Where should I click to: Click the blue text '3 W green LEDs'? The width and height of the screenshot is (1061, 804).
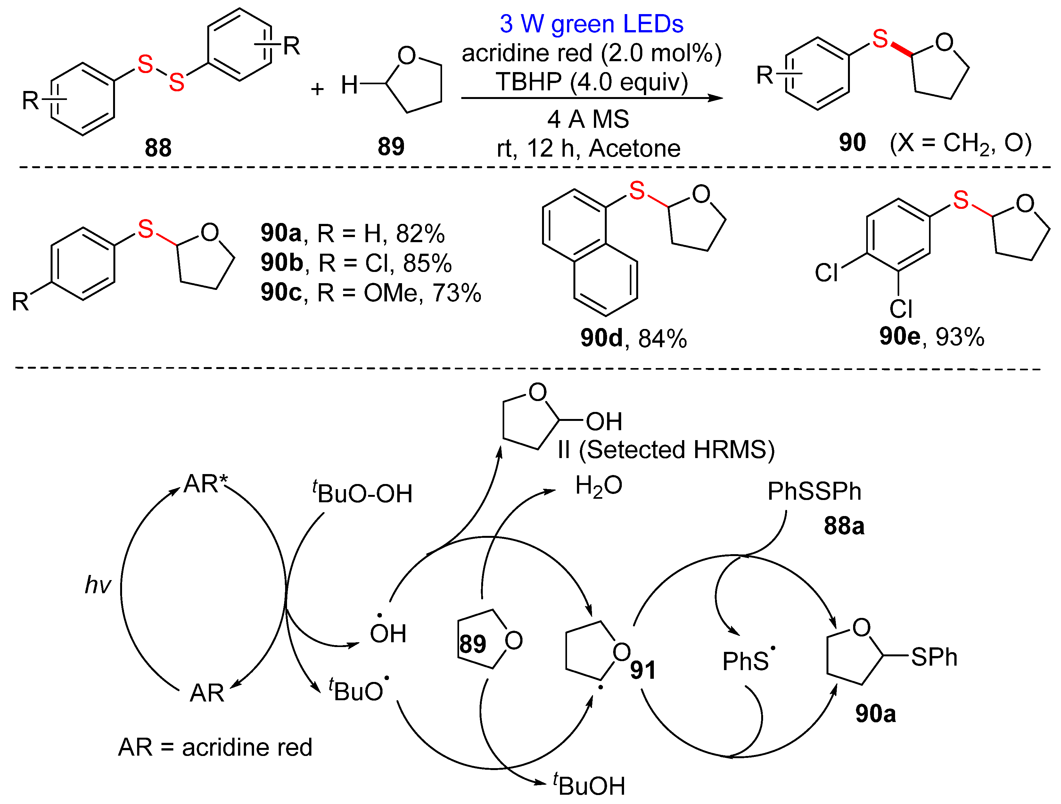591,24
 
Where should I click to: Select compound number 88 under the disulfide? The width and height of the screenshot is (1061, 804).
158,148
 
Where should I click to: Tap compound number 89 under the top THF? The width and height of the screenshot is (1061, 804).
391,146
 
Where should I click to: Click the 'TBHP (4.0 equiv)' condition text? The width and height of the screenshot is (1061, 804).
591,82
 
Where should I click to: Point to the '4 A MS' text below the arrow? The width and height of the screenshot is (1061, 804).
588,119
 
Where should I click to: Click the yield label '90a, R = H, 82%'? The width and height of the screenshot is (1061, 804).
353,234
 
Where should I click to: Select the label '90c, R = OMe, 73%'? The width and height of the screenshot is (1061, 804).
371,293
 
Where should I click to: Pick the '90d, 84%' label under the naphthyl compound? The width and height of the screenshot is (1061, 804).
633,338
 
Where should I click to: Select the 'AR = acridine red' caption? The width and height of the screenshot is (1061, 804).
215,747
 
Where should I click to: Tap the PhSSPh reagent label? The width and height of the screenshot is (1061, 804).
814,491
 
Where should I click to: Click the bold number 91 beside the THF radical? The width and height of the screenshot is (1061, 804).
643,670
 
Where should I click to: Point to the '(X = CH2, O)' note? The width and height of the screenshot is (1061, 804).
960,143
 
